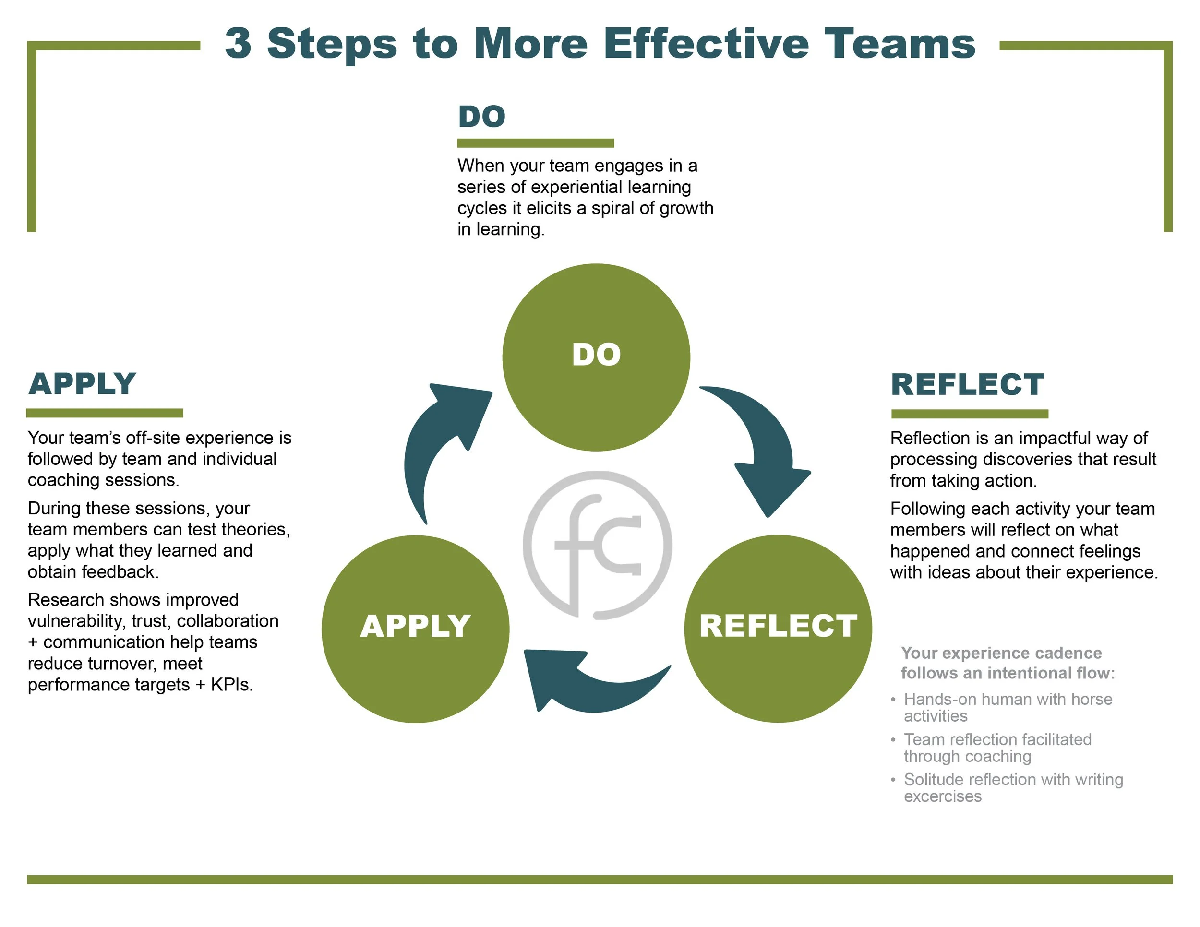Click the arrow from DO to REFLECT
click(764, 445)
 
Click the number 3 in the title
click(239, 44)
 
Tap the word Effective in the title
click(706, 44)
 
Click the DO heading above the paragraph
click(481, 117)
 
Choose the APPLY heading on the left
click(83, 383)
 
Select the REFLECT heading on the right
click(967, 384)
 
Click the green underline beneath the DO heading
click(535, 143)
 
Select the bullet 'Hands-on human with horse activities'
click(1007, 707)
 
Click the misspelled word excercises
click(942, 796)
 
